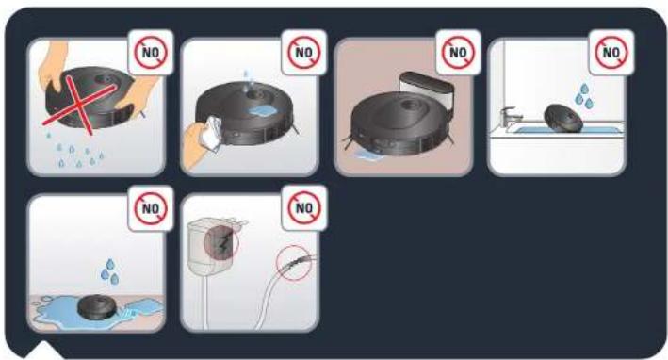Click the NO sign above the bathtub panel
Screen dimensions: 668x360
point(611,53)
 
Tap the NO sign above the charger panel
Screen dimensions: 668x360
point(304,208)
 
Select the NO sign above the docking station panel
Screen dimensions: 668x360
point(458,53)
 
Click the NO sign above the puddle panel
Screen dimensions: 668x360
point(151,208)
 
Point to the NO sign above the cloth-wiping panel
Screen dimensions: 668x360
point(304,53)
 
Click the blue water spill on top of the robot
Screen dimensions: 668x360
point(262,112)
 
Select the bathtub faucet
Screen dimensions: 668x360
point(511,116)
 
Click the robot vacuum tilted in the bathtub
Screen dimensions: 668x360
point(564,119)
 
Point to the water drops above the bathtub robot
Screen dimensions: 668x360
point(583,96)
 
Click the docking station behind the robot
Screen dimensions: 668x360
point(426,91)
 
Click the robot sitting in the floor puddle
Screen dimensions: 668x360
point(97,307)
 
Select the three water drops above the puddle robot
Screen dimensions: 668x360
point(110,271)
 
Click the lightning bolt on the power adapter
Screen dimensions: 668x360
point(222,243)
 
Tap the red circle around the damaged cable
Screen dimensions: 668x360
point(294,263)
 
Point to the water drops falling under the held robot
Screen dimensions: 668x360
point(74,151)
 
